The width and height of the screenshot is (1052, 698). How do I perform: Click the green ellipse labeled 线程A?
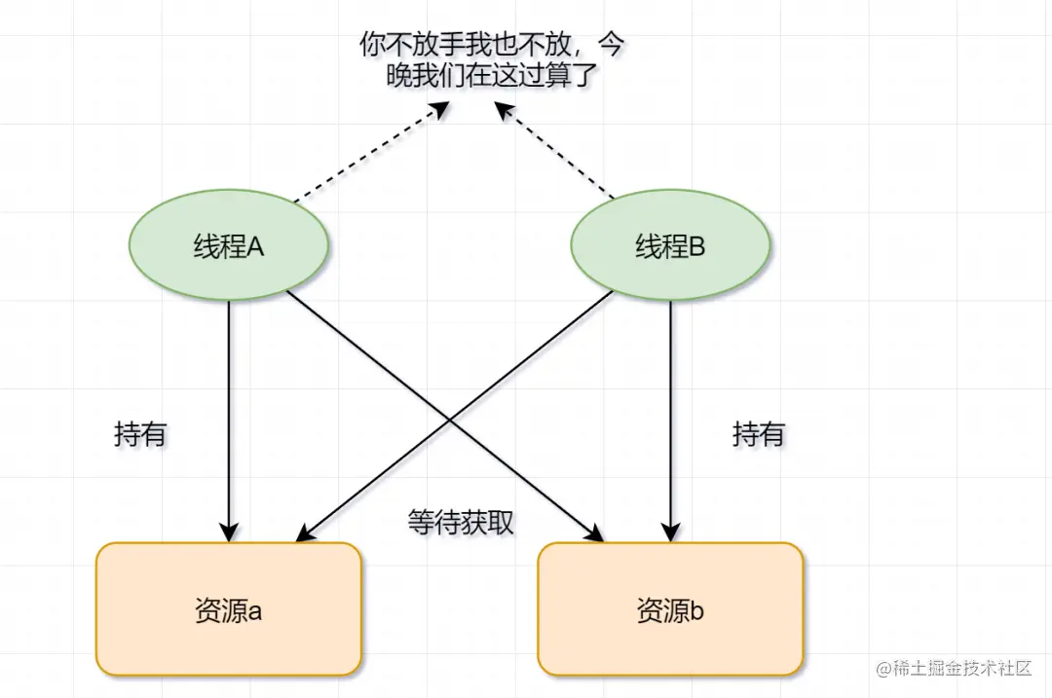pyautogui.click(x=229, y=247)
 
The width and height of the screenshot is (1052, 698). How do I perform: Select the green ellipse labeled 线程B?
pyautogui.click(x=670, y=247)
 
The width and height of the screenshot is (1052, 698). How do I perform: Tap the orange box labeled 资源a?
pyautogui.click(x=229, y=609)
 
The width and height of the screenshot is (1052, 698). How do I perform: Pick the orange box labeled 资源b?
pyautogui.click(x=670, y=609)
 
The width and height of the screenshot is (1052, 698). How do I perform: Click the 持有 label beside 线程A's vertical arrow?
pyautogui.click(x=140, y=434)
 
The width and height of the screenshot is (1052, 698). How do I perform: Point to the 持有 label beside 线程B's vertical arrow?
pyautogui.click(x=758, y=434)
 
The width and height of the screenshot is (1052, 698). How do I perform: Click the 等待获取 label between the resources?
pyautogui.click(x=461, y=523)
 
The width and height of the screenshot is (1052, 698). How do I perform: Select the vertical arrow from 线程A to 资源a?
pyautogui.click(x=229, y=419)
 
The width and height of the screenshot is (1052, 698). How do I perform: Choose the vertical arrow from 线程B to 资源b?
pyautogui.click(x=670, y=419)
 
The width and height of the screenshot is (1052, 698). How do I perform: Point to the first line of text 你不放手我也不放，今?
pyautogui.click(x=492, y=45)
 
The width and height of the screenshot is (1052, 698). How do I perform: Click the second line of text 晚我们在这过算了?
pyautogui.click(x=492, y=76)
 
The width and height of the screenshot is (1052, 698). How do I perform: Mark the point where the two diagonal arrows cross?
pyautogui.click(x=450, y=416)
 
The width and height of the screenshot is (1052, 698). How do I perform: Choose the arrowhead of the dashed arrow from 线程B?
pyautogui.click(x=503, y=109)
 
